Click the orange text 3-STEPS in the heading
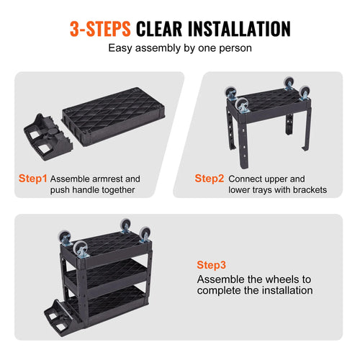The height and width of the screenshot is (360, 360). tap(99, 28)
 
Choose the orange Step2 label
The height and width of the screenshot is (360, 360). tap(209, 178)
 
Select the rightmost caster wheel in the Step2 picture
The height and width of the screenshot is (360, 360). tap(304, 91)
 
